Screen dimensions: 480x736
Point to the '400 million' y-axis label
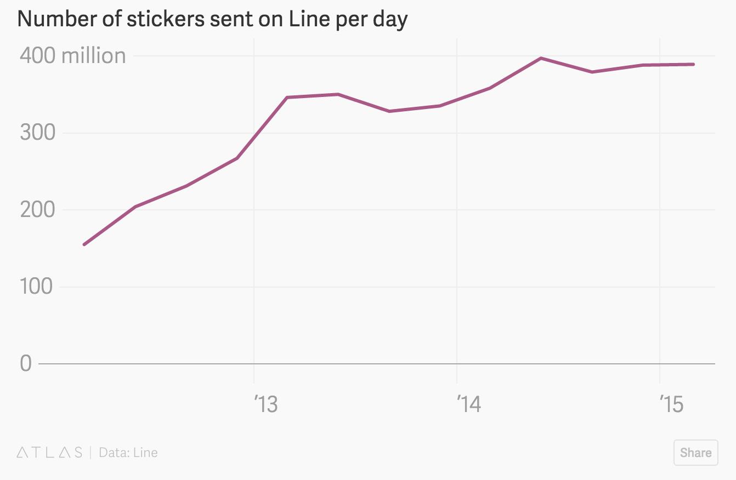pos(73,56)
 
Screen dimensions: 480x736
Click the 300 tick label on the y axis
pos(37,133)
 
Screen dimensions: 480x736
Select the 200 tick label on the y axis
pos(37,210)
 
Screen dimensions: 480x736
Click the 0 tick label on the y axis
pos(26,363)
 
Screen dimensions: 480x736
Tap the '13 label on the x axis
pos(266,405)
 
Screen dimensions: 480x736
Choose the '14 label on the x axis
pos(468,405)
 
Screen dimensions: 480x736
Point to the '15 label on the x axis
pos(671,405)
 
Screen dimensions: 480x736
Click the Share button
pos(695,453)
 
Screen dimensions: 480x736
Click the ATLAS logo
pos(49,453)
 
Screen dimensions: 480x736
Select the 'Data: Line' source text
pos(128,453)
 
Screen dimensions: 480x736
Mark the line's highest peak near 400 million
pos(541,58)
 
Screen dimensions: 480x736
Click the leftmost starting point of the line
pos(84,244)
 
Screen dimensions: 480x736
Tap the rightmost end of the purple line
pos(693,64)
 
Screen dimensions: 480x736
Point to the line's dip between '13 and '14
pos(389,111)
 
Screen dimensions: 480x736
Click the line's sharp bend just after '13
pos(287,98)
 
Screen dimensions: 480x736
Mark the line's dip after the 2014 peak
pos(592,72)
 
